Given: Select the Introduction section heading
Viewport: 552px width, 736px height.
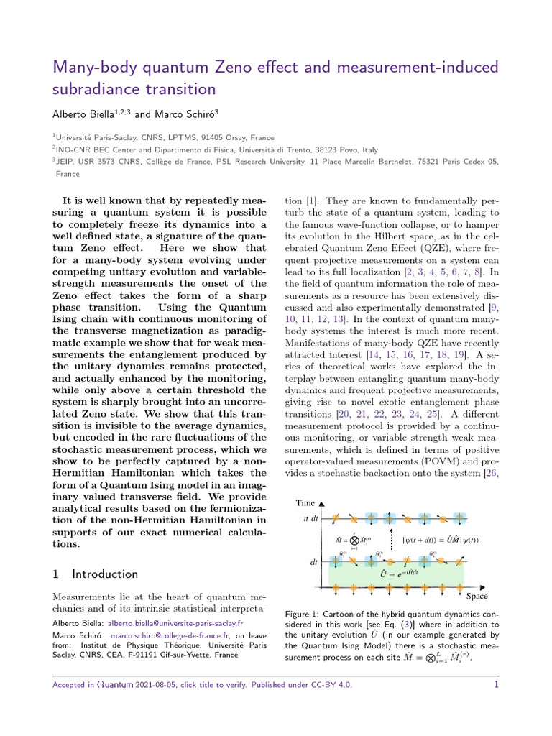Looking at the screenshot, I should pos(105,574).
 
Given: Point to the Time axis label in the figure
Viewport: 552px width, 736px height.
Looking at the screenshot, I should pos(305,503).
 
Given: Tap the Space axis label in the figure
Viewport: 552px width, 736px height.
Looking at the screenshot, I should pos(477,596).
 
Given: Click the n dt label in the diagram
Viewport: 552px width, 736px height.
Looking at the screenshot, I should pos(310,519).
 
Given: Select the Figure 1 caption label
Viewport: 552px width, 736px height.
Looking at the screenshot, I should pos(305,615).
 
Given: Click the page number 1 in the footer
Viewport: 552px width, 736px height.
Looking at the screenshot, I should pos(496,685).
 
